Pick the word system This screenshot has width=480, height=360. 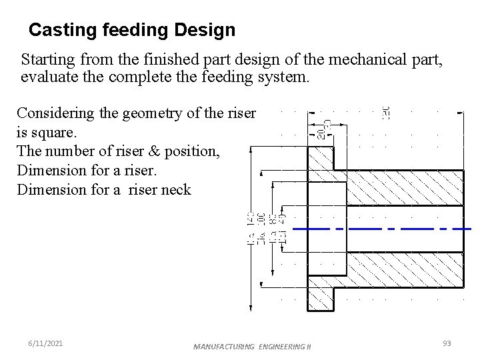pyautogui.click(x=283, y=77)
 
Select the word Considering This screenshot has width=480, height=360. pyautogui.click(x=61, y=113)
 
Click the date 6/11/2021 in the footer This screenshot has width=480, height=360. pyautogui.click(x=46, y=343)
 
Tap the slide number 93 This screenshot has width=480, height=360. pyautogui.click(x=447, y=343)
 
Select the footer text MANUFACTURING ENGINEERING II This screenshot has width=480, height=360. pyautogui.click(x=252, y=347)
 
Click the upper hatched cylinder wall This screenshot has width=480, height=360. pyautogui.click(x=397, y=188)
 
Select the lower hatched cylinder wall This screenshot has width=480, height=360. pyautogui.click(x=397, y=269)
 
